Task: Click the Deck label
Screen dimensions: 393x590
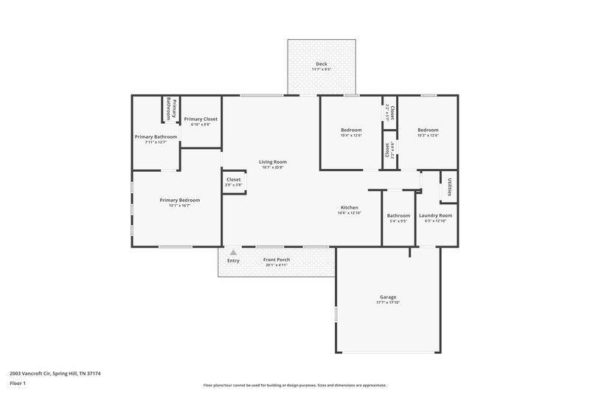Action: click(322, 64)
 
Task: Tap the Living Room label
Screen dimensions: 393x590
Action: click(272, 161)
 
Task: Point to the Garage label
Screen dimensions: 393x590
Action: click(388, 297)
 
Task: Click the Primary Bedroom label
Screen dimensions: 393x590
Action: click(180, 200)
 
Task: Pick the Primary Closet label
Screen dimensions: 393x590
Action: click(201, 119)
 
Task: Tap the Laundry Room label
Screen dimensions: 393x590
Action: click(434, 215)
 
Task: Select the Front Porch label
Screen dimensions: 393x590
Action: click(277, 260)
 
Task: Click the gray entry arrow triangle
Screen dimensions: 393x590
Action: click(233, 252)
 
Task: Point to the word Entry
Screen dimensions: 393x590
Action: click(233, 260)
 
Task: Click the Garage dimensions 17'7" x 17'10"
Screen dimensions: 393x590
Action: click(388, 303)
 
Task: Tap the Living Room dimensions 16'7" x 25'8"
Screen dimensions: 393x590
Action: click(272, 167)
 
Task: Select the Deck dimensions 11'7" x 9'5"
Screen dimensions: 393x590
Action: click(322, 70)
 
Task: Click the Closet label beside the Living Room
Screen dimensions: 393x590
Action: click(233, 179)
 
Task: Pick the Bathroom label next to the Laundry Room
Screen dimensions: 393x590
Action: click(398, 215)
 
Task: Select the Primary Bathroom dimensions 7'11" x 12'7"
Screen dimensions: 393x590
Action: click(156, 142)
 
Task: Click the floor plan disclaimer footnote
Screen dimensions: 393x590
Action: click(295, 385)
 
